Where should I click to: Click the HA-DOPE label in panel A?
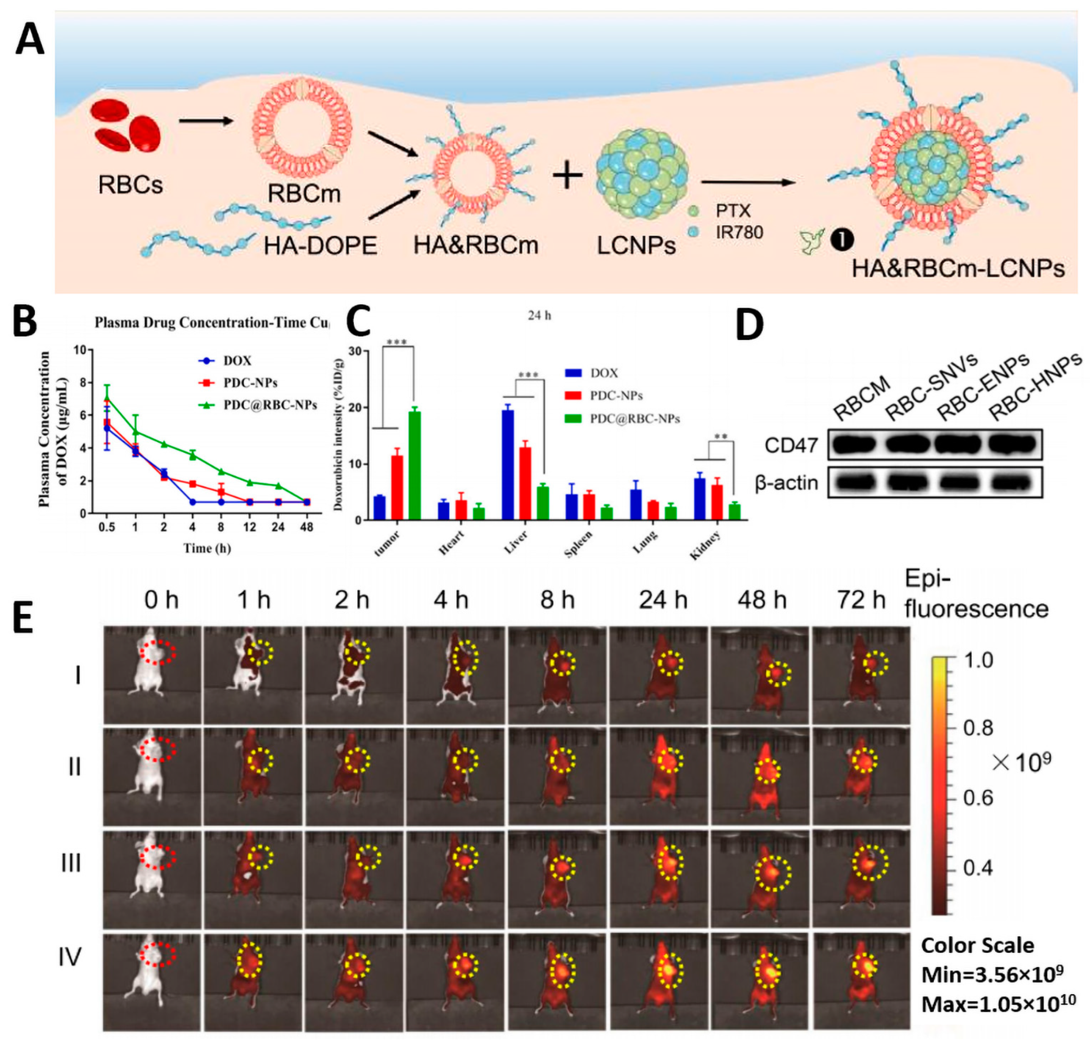pyautogui.click(x=320, y=246)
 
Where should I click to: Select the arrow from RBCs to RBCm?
pyautogui.click(x=206, y=120)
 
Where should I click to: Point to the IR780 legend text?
pyautogui.click(x=739, y=232)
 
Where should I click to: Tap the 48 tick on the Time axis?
pyautogui.click(x=306, y=527)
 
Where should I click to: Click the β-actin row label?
pyautogui.click(x=786, y=483)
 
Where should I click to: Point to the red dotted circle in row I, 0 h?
pyautogui.click(x=158, y=653)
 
